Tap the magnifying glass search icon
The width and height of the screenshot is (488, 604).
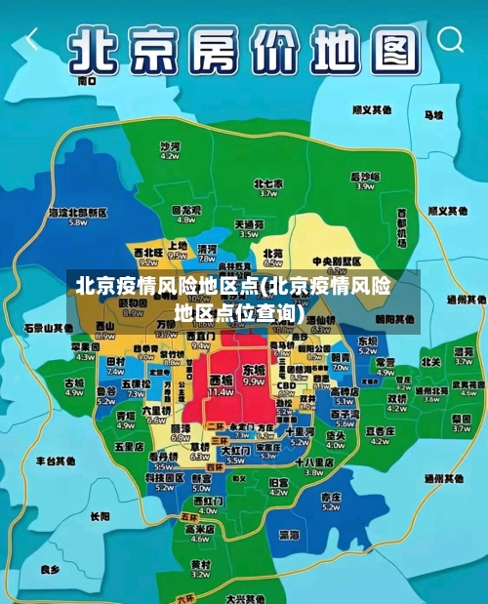[450, 40]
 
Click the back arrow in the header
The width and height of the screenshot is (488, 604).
[32, 40]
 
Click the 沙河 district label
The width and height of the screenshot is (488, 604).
[170, 145]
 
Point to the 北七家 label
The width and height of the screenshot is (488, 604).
[267, 183]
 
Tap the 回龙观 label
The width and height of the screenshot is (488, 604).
[186, 210]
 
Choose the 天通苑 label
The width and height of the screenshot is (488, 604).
[249, 224]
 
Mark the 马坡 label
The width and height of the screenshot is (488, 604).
[433, 115]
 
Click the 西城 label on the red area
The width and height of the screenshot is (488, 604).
[222, 380]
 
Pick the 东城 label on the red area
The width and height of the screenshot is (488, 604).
[254, 371]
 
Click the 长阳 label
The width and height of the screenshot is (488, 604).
[100, 516]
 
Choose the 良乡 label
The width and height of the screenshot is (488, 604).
[50, 569]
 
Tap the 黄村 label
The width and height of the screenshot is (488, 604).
[200, 564]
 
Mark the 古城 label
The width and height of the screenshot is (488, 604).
[74, 383]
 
